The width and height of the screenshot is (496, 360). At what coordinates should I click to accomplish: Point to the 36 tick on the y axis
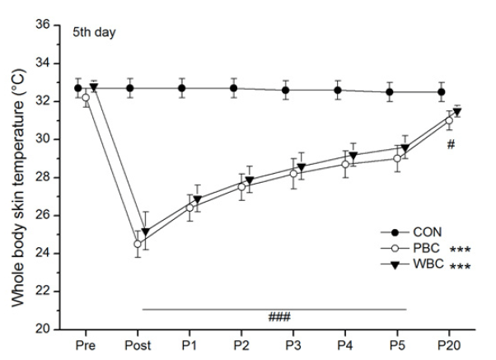click(x=42, y=25)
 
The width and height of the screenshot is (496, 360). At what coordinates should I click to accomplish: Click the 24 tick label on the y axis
click(x=42, y=253)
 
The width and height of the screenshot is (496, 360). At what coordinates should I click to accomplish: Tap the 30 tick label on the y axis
click(x=42, y=139)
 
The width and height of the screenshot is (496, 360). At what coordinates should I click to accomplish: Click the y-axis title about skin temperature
click(x=18, y=177)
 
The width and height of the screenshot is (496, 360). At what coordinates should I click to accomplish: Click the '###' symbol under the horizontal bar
click(x=279, y=316)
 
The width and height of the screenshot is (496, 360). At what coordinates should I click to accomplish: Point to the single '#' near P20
click(x=451, y=145)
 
